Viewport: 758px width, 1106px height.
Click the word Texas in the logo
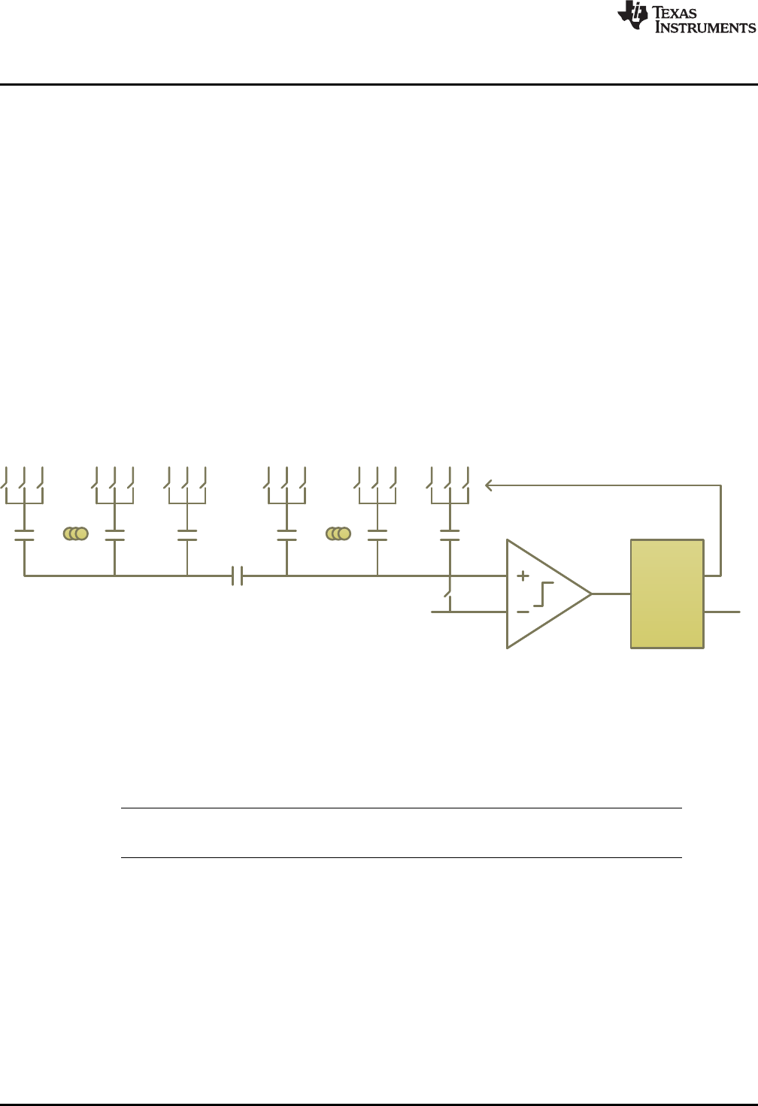click(x=675, y=13)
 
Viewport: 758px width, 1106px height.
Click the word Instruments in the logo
click(x=705, y=28)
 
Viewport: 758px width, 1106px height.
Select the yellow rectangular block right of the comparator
click(x=667, y=594)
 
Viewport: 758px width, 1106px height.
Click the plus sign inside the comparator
click(x=523, y=576)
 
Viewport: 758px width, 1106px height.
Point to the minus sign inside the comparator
click(x=523, y=612)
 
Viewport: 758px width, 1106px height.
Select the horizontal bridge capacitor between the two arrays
click(x=237, y=576)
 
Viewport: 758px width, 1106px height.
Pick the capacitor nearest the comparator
click(x=450, y=535)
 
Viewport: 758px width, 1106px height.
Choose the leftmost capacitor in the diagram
click(x=25, y=535)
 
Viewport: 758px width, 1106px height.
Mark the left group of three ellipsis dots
click(x=76, y=533)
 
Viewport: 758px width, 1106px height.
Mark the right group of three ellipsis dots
click(x=338, y=533)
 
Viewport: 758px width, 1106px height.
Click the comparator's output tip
click(x=590, y=594)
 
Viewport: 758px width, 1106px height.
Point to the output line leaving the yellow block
click(x=722, y=612)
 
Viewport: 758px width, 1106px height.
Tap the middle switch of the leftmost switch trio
click(x=23, y=478)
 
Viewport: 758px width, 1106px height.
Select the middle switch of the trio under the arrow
click(x=448, y=478)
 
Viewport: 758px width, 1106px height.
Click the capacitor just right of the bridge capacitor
click(x=287, y=535)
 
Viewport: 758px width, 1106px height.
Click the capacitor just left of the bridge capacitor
click(x=186, y=535)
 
